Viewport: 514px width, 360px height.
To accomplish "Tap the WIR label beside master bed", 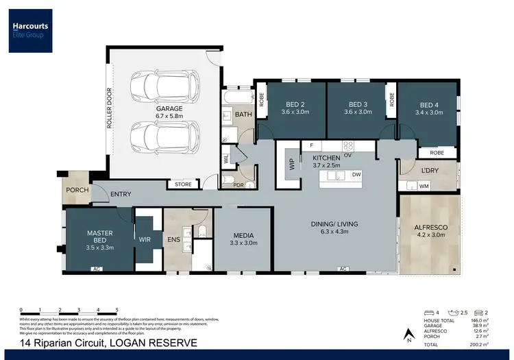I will pyautogui.click(x=145, y=240).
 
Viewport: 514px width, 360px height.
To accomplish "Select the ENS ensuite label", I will pyautogui.click(x=173, y=240).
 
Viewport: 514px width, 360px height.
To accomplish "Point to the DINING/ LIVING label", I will pyautogui.click(x=336, y=224).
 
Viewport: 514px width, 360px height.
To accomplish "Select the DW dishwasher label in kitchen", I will pyautogui.click(x=356, y=175).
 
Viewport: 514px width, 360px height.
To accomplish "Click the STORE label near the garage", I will pyautogui.click(x=183, y=184).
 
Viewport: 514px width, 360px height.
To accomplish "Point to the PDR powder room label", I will pyautogui.click(x=238, y=184).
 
